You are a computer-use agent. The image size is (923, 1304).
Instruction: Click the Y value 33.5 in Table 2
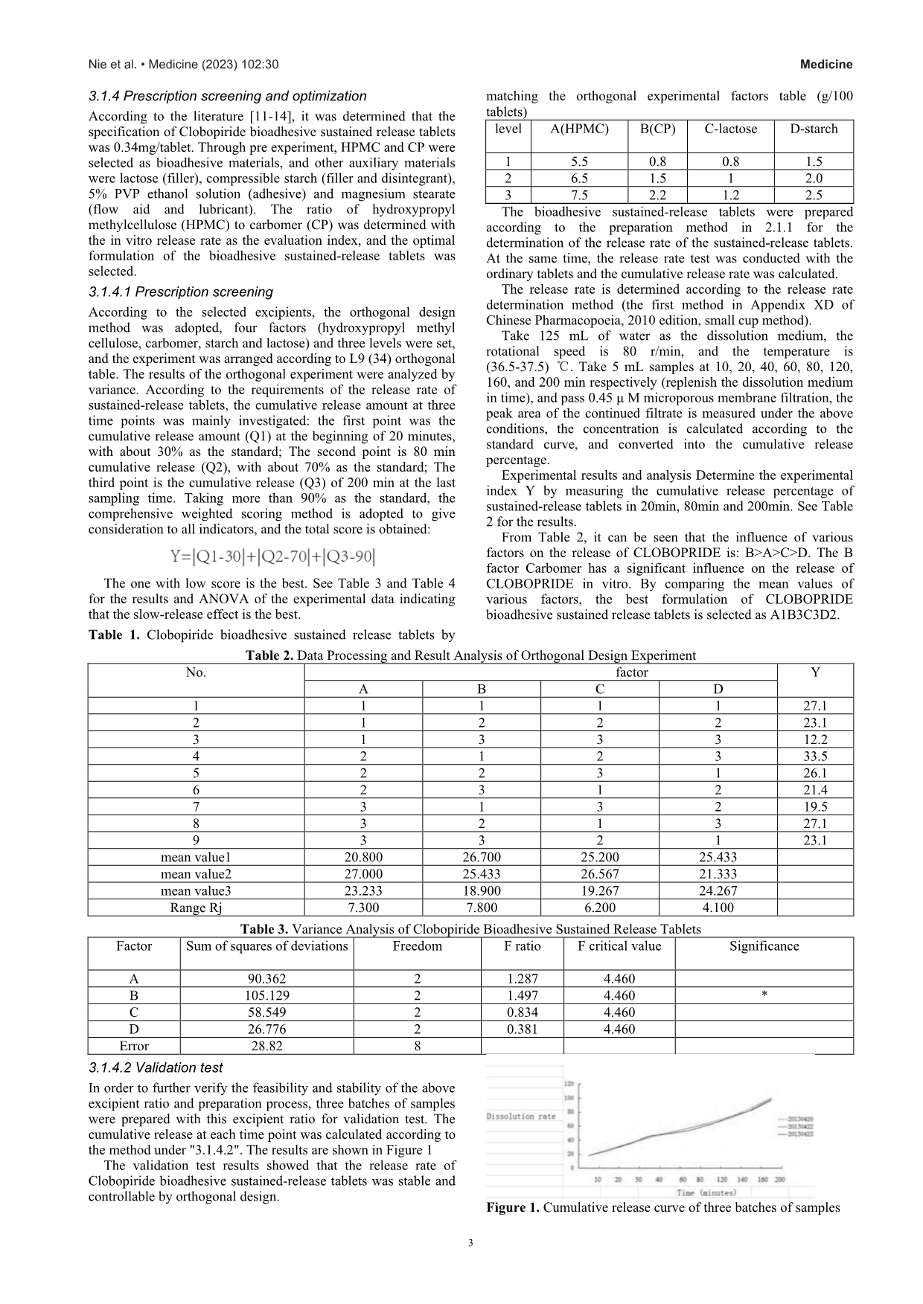(815, 757)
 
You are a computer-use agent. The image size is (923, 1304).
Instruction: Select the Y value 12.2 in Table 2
(815, 739)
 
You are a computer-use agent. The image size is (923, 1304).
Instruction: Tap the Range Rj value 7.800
(482, 908)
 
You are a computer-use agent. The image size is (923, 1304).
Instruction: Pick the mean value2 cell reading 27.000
(363, 874)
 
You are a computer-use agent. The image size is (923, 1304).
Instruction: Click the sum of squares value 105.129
(266, 995)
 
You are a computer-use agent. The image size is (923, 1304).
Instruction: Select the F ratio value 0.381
(522, 1030)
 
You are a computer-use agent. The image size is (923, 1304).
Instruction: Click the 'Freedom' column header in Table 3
(417, 946)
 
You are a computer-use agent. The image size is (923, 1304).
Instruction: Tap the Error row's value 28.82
(266, 1046)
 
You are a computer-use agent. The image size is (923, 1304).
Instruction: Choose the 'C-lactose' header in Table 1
(730, 129)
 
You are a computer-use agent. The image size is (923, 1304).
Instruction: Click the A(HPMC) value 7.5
(579, 195)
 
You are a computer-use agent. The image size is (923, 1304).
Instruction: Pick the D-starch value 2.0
(814, 179)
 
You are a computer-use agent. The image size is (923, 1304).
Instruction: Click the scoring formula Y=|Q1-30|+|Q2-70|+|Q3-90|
(272, 556)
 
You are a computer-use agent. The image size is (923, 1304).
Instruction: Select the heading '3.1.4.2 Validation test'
(156, 1068)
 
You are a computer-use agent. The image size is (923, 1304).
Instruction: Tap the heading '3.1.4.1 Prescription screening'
(180, 292)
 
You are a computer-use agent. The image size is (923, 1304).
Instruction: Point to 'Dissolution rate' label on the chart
(520, 1117)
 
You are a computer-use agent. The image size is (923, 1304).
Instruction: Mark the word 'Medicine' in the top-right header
(826, 65)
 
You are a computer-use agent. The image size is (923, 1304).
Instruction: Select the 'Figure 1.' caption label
(513, 1208)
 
